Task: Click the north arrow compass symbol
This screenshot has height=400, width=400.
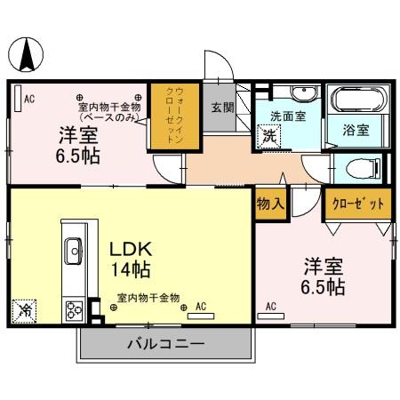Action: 28,56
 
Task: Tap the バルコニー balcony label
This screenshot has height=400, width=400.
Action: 164,343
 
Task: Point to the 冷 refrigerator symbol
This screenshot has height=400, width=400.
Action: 25,311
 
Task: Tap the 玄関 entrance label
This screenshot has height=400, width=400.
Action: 221,108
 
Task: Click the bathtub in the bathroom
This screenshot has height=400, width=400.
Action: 356,99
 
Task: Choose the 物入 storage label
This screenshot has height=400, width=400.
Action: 269,204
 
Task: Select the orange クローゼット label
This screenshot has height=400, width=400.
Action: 358,204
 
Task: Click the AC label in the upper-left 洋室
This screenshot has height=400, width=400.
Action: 28,99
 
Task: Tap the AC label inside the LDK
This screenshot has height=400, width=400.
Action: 200,307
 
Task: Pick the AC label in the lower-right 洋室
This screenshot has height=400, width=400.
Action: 269,307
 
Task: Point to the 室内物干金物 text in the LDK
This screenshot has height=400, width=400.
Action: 148,298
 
